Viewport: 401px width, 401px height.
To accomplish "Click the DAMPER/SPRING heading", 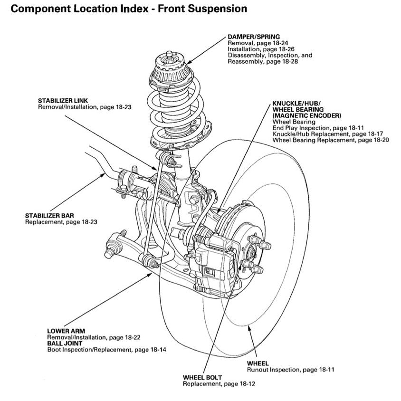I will (253, 37).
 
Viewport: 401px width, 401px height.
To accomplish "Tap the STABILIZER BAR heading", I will (49, 215).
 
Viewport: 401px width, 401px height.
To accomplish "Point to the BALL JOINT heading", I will (65, 343).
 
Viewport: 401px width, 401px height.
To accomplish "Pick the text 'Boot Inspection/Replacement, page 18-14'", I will (106, 350).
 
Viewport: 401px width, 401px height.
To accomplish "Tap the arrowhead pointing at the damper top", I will (187, 63).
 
